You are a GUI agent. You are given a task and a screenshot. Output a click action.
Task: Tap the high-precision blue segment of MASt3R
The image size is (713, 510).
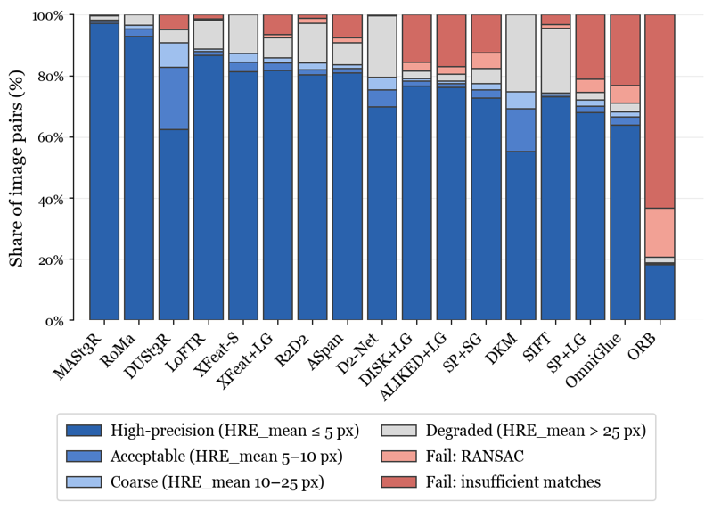(x=104, y=169)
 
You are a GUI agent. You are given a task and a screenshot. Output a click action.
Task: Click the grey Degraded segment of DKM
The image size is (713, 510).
(x=520, y=53)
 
